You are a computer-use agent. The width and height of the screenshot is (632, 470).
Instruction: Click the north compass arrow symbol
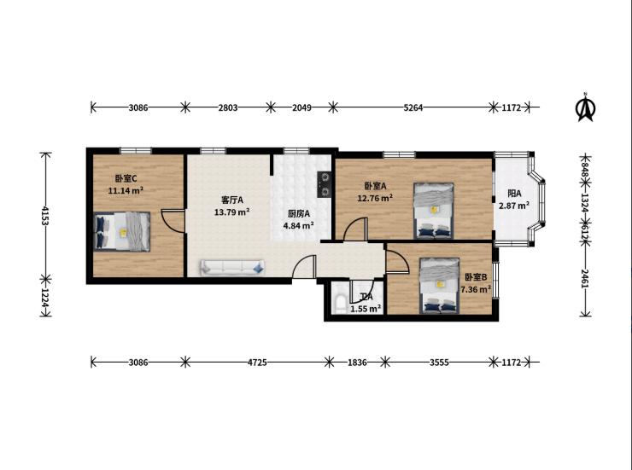click(585, 107)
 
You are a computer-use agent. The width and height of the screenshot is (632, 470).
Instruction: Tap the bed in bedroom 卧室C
click(122, 231)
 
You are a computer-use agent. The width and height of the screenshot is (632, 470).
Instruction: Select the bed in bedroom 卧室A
click(434, 211)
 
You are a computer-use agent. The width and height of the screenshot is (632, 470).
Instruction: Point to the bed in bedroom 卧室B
click(439, 285)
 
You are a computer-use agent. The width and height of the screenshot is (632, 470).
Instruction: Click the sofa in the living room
click(232, 268)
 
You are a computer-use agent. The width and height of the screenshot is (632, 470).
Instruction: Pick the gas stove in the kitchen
click(325, 184)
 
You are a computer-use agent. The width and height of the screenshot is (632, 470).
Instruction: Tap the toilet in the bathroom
click(339, 304)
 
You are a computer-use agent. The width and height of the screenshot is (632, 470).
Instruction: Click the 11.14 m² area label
click(126, 191)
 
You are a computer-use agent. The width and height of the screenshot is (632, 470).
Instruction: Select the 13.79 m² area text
click(231, 212)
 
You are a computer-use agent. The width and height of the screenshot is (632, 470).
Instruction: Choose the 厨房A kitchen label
click(299, 213)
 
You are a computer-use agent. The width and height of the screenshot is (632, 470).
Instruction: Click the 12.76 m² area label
click(375, 198)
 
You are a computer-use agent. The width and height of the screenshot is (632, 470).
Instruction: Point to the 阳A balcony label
click(514, 194)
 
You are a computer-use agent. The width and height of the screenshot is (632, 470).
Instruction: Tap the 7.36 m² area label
click(476, 289)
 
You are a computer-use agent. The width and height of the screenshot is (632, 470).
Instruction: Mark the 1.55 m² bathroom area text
click(366, 309)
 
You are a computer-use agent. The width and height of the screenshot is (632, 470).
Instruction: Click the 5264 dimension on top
click(413, 107)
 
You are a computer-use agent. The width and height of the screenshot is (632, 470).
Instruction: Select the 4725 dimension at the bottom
click(257, 363)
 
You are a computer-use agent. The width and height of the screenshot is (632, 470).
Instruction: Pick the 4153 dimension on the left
click(45, 216)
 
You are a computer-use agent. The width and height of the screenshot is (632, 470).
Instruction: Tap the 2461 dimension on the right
click(585, 278)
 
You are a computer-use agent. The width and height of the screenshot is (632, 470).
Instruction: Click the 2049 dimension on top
click(301, 107)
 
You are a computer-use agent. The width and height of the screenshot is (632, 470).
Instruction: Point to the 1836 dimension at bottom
click(357, 363)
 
